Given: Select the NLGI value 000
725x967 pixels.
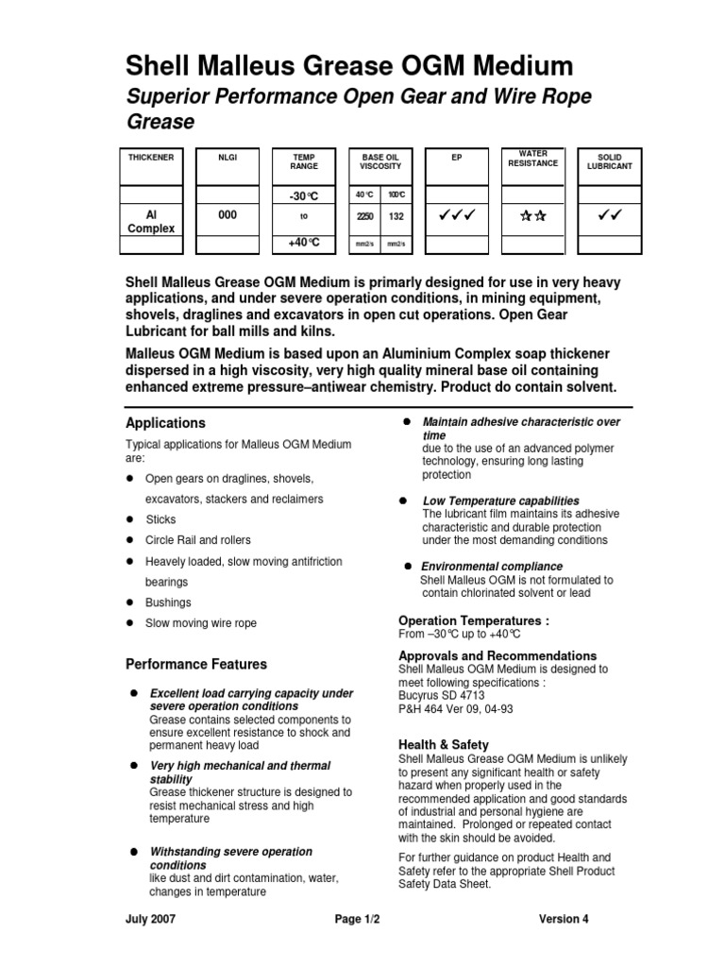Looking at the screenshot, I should click(x=228, y=215).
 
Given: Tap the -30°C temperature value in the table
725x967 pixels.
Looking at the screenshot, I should click(x=304, y=195).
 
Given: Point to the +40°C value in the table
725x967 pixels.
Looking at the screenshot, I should click(x=304, y=244).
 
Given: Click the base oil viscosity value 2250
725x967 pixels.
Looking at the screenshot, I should click(x=364, y=216).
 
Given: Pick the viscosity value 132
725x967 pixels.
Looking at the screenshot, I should click(x=397, y=216).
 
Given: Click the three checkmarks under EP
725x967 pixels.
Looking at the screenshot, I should click(x=457, y=216).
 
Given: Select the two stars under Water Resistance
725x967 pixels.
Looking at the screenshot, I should click(x=533, y=216).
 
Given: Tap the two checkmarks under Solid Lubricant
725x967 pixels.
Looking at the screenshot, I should click(x=609, y=216).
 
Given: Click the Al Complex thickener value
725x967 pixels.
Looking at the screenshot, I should click(x=151, y=222).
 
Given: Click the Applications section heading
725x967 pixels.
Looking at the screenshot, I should click(x=165, y=423).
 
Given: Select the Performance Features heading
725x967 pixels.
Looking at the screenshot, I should click(x=196, y=664).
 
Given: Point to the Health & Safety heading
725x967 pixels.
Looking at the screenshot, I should click(x=444, y=745).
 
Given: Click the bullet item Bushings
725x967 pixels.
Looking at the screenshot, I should click(x=168, y=602).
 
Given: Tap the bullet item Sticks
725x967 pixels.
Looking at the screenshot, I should click(x=160, y=519).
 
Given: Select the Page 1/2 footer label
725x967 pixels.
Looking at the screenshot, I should click(x=362, y=919).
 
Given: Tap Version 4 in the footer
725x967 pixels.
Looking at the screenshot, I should click(x=564, y=919).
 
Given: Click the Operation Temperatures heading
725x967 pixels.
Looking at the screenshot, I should click(x=474, y=621).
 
